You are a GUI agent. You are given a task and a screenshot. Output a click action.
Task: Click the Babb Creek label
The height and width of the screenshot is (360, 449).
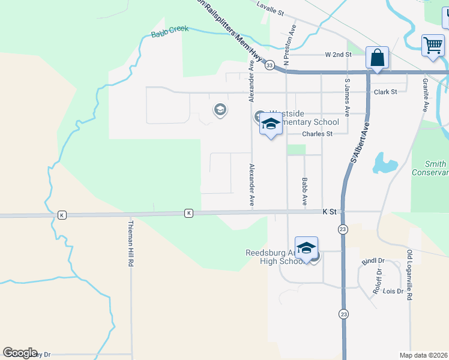169,32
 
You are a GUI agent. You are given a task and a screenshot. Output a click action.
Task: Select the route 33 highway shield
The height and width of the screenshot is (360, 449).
270,65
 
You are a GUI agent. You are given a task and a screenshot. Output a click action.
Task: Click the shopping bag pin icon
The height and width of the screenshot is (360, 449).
378,59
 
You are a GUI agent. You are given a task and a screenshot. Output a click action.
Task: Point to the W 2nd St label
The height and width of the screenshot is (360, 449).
338,55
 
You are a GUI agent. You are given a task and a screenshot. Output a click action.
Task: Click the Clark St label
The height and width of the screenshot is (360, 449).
385,92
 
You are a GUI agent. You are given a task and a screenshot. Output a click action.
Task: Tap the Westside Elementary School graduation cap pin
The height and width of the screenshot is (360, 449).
271,125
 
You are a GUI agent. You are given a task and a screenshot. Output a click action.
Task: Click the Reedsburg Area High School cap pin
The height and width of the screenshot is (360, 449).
306,248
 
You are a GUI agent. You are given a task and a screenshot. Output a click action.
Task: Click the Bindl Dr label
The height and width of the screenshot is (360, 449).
372,261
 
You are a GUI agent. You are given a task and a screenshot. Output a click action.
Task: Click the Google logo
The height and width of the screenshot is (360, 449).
20,353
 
